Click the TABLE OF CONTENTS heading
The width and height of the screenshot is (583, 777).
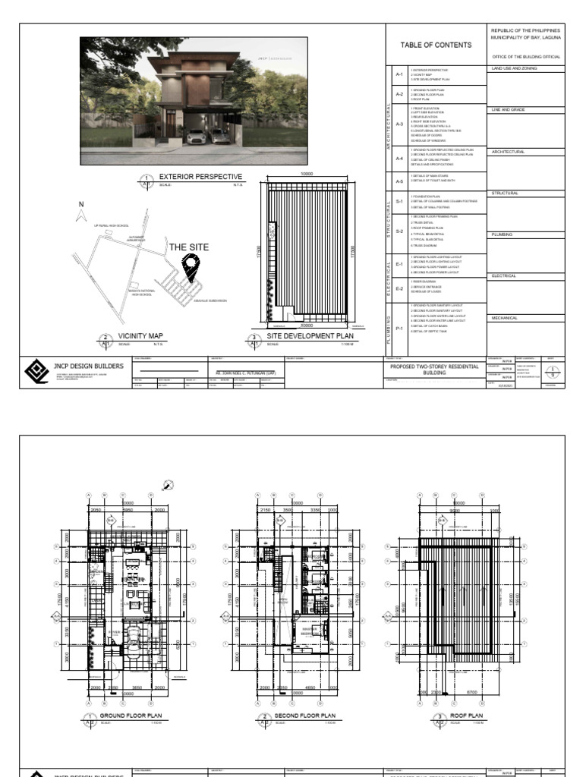[436, 45]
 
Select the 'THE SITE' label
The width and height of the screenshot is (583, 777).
[188, 247]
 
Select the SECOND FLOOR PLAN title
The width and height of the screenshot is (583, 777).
[304, 716]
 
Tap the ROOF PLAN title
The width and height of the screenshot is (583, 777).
[467, 716]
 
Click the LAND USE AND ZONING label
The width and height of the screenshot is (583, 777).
[514, 68]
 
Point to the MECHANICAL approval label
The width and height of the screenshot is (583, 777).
[505, 319]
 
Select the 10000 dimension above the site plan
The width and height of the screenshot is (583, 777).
[307, 175]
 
